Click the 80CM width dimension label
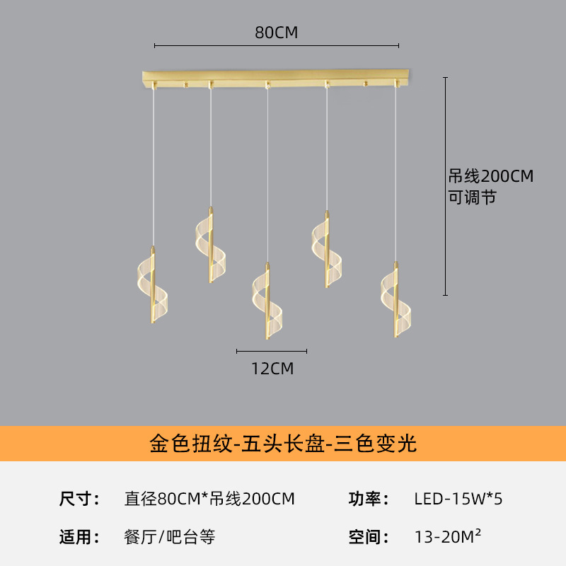[276, 33]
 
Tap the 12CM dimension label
[272, 369]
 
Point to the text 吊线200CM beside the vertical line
[490, 176]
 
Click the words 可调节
[472, 197]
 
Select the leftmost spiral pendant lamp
[153, 285]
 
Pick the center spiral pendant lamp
[267, 301]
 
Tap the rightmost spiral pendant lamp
[396, 299]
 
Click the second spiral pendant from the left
[211, 245]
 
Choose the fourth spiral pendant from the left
[327, 249]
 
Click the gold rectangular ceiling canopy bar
[275, 78]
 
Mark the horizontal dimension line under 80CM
[277, 45]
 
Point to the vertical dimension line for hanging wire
[446, 186]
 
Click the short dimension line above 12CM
[272, 351]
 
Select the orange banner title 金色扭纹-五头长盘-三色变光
[283, 444]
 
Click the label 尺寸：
[79, 499]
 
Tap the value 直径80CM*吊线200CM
[209, 499]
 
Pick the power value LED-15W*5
[458, 499]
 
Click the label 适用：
[79, 537]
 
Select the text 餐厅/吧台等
[169, 537]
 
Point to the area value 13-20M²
[448, 536]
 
